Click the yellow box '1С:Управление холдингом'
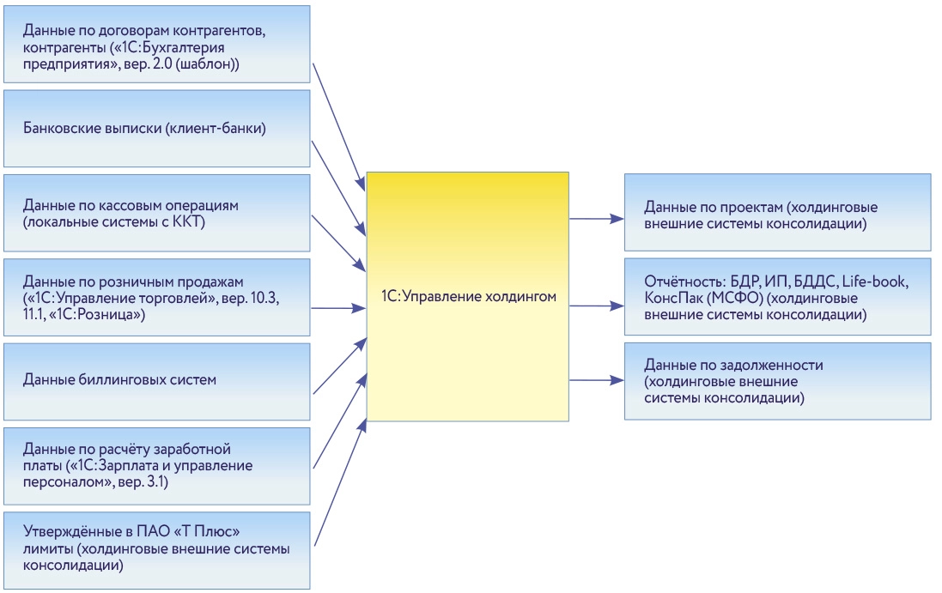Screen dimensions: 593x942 click(x=468, y=297)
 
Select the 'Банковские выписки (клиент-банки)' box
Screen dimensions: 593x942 click(x=157, y=129)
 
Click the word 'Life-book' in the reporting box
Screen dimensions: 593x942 click(x=874, y=281)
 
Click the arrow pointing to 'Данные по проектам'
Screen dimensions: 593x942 click(x=596, y=219)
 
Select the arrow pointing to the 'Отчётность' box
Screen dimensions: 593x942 click(x=596, y=304)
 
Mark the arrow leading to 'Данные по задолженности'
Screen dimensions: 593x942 click(x=596, y=379)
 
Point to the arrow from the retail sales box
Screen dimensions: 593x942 click(x=338, y=306)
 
